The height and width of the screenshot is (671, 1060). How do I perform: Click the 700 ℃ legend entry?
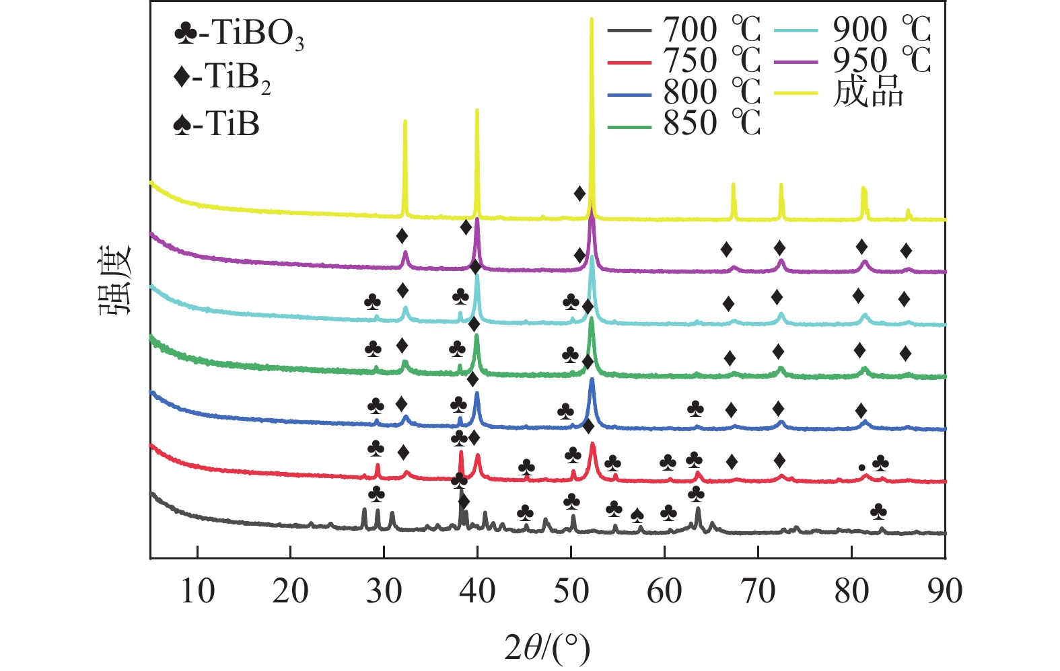click(711, 30)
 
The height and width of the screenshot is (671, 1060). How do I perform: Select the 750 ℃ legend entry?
click(711, 61)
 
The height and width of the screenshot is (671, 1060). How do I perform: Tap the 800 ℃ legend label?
click(711, 92)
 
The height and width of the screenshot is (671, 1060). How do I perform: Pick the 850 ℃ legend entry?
click(711, 123)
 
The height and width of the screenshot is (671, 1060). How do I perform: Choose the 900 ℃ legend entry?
click(882, 30)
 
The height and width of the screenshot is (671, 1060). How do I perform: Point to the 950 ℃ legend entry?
click(882, 61)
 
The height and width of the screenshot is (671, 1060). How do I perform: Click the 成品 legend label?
click(868, 92)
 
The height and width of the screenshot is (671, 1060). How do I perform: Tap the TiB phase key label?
click(216, 124)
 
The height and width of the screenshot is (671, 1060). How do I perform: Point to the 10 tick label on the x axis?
click(197, 592)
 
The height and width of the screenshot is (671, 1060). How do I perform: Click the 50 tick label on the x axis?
click(571, 592)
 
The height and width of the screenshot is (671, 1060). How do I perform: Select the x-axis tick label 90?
click(944, 592)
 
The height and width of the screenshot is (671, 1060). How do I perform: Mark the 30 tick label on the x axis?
click(384, 592)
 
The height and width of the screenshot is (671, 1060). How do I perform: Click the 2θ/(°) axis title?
click(547, 647)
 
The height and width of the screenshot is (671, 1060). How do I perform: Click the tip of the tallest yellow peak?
click(592, 19)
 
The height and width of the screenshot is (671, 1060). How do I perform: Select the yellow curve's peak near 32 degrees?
click(404, 122)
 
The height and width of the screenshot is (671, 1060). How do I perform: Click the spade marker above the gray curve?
click(637, 516)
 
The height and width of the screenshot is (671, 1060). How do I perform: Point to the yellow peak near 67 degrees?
click(733, 184)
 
